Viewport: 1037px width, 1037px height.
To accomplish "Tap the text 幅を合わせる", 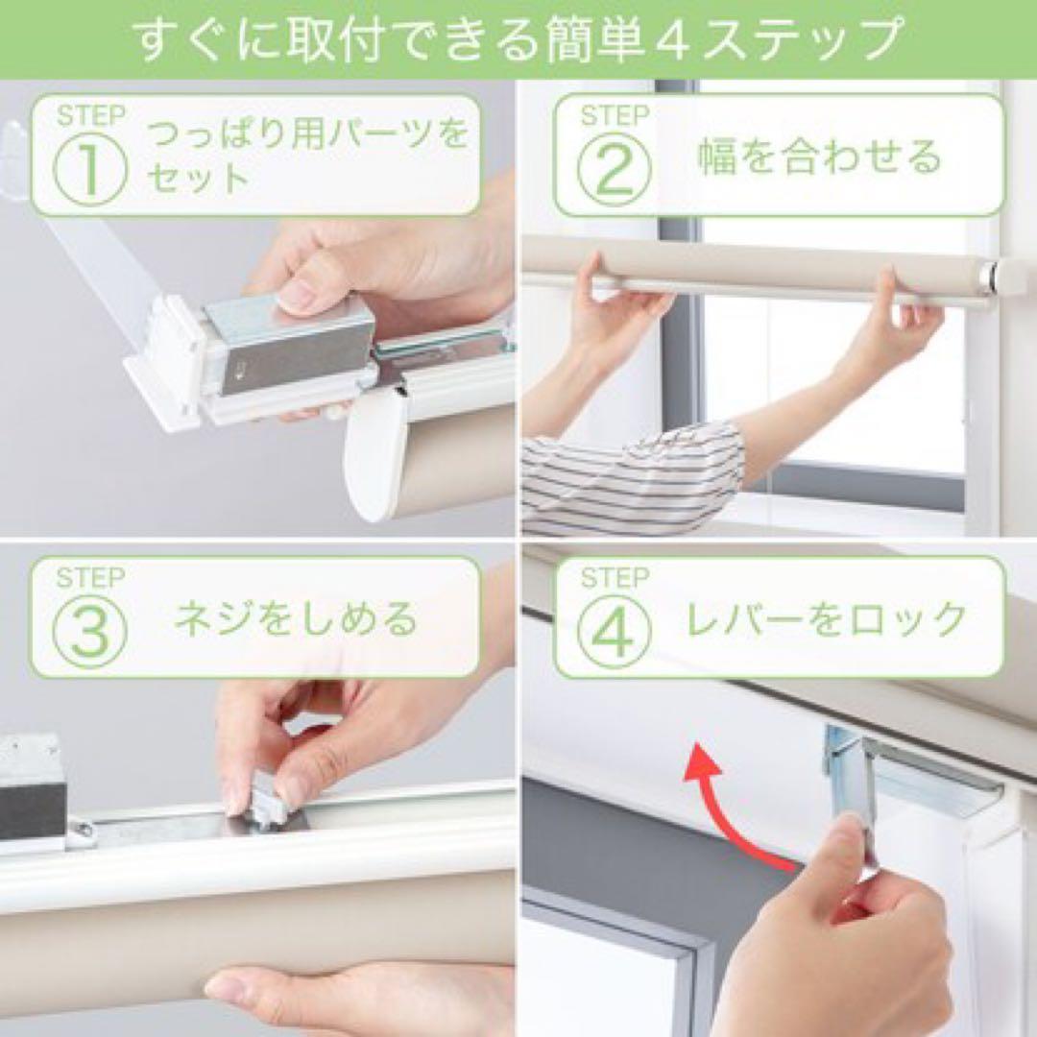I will coord(819,157).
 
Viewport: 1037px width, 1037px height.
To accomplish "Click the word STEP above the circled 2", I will coord(615,117).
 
